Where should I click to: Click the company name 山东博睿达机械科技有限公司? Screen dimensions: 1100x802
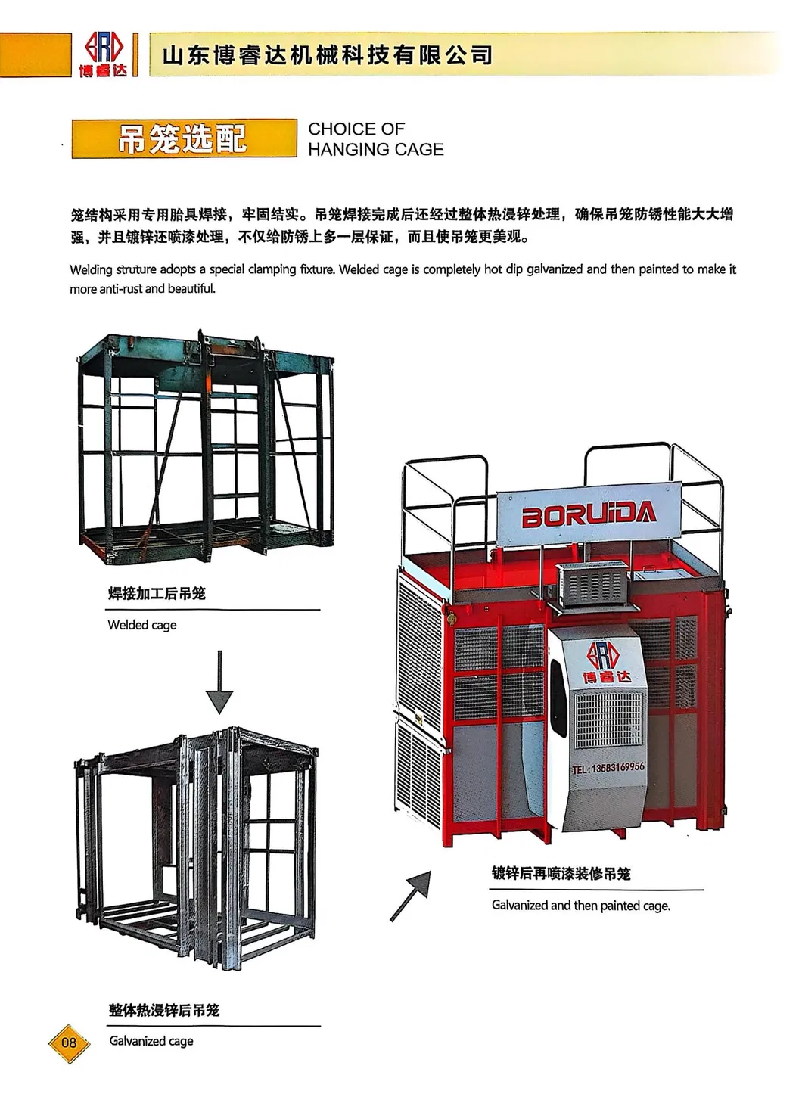pos(328,55)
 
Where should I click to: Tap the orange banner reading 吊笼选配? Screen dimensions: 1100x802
pos(184,138)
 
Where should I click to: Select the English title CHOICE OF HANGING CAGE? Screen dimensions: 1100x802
pos(375,139)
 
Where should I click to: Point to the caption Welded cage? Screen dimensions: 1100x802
pos(142,625)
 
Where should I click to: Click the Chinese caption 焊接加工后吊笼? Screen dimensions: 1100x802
pos(157,593)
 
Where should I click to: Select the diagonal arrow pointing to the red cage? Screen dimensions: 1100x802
pos(410,895)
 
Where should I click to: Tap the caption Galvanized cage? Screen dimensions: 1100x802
pos(151,1041)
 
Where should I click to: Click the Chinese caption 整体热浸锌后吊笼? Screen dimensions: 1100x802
pos(164,1009)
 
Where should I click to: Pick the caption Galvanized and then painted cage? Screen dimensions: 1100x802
pos(580,906)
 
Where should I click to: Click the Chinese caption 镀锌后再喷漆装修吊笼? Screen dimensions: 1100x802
pos(561,874)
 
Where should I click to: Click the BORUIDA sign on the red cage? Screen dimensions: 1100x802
pos(589,516)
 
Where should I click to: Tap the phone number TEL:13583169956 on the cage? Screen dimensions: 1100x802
pos(608,767)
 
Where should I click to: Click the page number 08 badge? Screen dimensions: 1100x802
pos(69,1043)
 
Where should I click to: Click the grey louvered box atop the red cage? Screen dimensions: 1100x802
pos(593,584)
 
